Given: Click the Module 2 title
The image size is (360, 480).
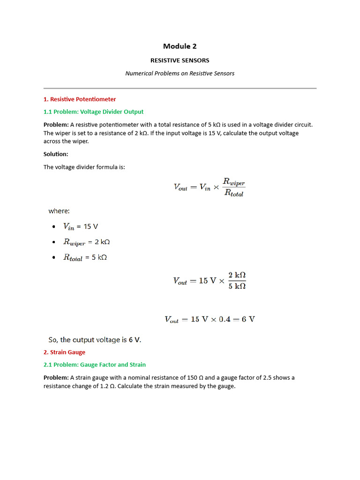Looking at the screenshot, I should (180, 46).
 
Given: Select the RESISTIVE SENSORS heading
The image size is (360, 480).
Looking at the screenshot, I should (180, 60).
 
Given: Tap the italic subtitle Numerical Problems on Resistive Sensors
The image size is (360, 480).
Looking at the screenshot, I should (180, 74).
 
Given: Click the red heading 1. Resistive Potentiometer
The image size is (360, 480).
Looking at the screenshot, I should (80, 99).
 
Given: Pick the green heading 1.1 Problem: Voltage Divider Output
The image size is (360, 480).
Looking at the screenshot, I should (93, 112).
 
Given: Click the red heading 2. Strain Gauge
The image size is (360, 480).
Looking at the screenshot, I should (64, 352).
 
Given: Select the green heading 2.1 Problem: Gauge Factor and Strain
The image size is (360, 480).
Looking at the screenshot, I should (94, 365).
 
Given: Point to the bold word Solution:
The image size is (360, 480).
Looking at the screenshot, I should (56, 154).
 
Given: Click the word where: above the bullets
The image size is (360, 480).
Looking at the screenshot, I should (59, 211).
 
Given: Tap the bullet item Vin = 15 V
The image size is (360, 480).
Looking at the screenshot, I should (81, 226).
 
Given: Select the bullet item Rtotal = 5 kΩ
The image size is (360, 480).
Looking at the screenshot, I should (85, 257).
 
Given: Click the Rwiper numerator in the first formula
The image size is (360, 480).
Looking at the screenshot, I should (233, 181).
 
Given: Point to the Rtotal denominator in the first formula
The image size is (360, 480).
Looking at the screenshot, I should (233, 193).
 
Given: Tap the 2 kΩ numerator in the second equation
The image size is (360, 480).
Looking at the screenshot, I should (237, 275).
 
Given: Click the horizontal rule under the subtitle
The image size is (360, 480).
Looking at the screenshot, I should (180, 88).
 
